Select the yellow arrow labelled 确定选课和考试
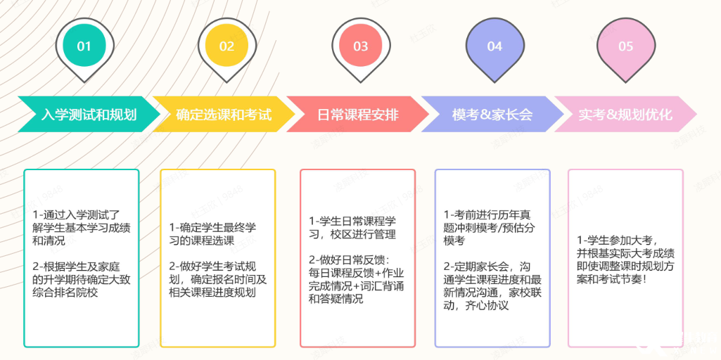(x=224, y=114)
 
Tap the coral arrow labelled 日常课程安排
(x=357, y=114)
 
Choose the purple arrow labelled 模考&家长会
(x=492, y=114)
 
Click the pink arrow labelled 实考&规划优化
(x=626, y=114)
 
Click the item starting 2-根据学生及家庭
(x=82, y=281)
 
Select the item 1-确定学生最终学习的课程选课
(x=213, y=234)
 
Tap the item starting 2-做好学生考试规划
(x=217, y=280)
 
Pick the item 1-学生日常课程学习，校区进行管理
(x=352, y=227)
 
